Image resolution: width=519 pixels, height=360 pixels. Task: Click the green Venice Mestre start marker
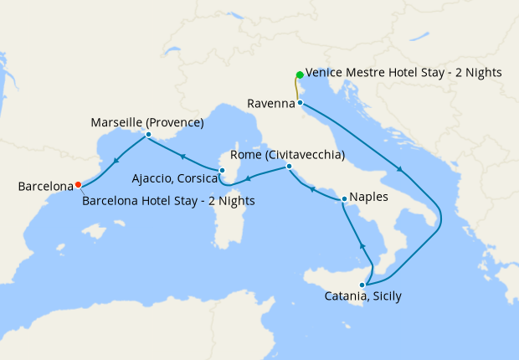pyautogui.click(x=300, y=75)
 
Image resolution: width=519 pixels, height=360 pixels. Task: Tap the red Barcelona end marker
pyautogui.click(x=78, y=185)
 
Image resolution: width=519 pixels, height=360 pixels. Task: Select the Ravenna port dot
pyautogui.click(x=300, y=103)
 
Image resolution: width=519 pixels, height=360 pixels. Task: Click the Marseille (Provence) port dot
pyautogui.click(x=147, y=135)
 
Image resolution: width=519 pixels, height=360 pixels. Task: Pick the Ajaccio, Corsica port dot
pyautogui.click(x=222, y=171)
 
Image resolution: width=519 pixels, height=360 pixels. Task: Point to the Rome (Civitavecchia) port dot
pyautogui.click(x=288, y=167)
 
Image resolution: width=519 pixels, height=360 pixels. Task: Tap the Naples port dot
pyautogui.click(x=344, y=199)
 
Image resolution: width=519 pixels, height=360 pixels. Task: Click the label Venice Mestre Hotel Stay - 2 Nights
pyautogui.click(x=403, y=73)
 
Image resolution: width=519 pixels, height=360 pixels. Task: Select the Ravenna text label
pyautogui.click(x=270, y=104)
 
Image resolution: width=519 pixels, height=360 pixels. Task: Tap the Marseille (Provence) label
pyautogui.click(x=146, y=122)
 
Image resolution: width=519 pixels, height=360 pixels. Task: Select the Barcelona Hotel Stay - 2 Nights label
pyautogui.click(x=168, y=201)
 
